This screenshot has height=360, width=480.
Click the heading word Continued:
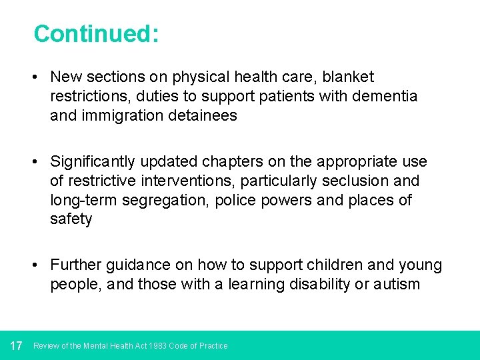coord(96,33)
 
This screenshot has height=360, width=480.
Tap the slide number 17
coord(17,345)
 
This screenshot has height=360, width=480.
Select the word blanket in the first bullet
coord(349,77)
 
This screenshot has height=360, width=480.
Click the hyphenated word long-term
coord(85,200)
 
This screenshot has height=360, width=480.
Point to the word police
coord(237,200)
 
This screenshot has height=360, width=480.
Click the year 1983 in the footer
coord(158,346)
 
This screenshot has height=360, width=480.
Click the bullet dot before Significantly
coord(33,162)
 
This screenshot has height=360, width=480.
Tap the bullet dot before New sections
coord(33,77)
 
